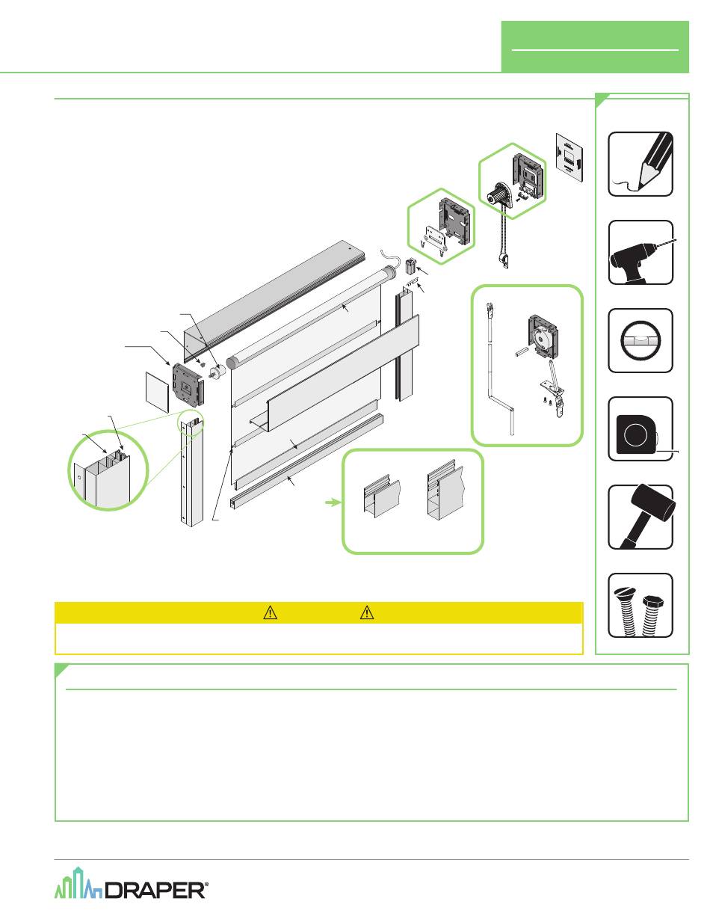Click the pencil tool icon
click(640, 164)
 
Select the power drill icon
click(640, 253)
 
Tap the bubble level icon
click(640, 340)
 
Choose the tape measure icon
click(640, 428)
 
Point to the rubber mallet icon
click(640, 517)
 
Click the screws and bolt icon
click(640, 605)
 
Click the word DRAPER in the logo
click(155, 891)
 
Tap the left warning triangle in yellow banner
click(270, 612)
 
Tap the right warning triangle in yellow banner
click(367, 612)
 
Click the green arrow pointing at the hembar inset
click(333, 502)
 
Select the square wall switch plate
click(569, 159)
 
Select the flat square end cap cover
click(157, 392)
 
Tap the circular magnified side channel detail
click(108, 470)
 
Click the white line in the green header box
click(595, 50)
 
